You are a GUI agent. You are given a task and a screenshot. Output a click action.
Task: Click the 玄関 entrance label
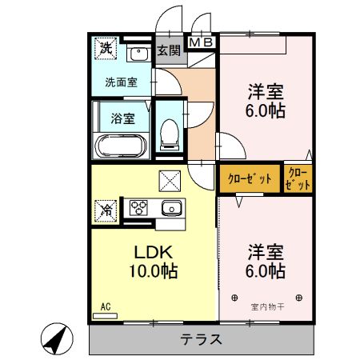coord(168,51)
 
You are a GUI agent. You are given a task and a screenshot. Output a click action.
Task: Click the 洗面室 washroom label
coord(121,82)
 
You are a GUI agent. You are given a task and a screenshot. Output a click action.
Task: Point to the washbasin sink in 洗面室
coord(138,54)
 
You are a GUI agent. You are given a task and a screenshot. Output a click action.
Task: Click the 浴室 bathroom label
coord(122,118)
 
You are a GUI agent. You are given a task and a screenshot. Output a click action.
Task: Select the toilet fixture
coord(170,134)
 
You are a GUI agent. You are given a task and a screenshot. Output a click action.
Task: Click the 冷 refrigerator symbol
coord(106,210)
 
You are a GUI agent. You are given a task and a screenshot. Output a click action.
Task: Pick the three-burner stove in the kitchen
coord(138,208)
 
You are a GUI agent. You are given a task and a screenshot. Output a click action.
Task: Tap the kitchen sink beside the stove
coord(170,209)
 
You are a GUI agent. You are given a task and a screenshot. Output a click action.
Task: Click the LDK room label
coord(151,251)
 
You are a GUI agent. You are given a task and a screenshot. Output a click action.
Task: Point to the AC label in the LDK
coord(105,306)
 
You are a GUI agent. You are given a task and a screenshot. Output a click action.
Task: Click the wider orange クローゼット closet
coord(250,178)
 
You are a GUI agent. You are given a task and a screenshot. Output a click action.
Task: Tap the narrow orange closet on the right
coord(298,178)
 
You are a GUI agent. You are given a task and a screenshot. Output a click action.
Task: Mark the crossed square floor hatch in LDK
coord(170,180)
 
